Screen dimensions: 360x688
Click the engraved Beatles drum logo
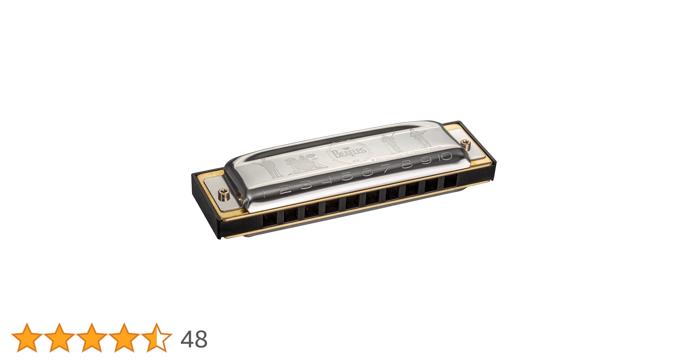tap(347, 152)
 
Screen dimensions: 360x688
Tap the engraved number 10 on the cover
tap(445, 157)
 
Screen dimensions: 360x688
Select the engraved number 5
tap(347, 176)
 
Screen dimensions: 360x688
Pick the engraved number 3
tap(306, 185)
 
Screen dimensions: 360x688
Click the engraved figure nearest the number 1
tap(269, 168)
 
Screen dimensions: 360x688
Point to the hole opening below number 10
tap(450, 181)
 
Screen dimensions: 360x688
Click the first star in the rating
tap(27, 338)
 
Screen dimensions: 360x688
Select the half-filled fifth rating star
tap(156, 338)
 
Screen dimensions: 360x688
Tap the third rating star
tap(91, 338)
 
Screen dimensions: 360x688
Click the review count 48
tap(194, 339)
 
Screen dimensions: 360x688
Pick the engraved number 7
tap(387, 168)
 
